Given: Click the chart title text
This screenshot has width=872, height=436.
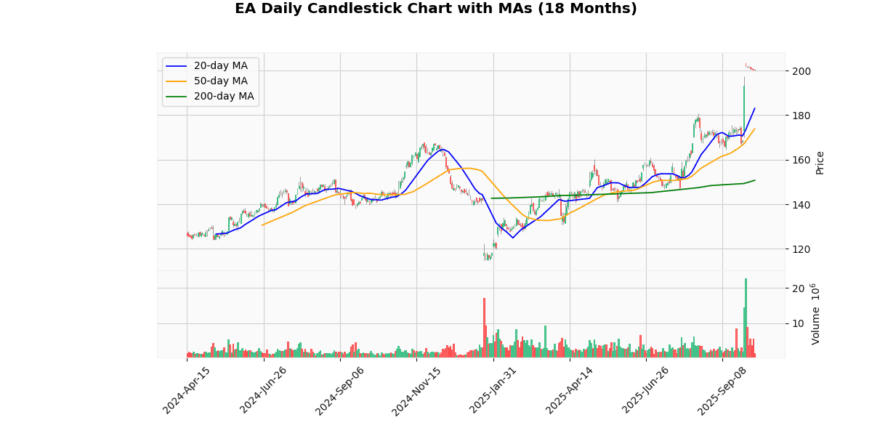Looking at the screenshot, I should pyautogui.click(x=435, y=9).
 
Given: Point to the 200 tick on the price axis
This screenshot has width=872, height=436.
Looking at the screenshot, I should pyautogui.click(x=800, y=71).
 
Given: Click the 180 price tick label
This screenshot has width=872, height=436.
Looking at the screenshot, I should pyautogui.click(x=800, y=116).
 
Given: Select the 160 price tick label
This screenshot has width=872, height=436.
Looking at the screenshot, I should pyautogui.click(x=800, y=161).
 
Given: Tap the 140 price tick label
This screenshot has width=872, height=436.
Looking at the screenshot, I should pyautogui.click(x=800, y=205).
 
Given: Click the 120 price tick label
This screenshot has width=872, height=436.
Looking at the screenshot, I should pyautogui.click(x=800, y=249).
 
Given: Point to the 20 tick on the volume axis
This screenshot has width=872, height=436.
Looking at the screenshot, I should pyautogui.click(x=797, y=288).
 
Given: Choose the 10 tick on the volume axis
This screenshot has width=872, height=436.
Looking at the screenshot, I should pyautogui.click(x=797, y=324).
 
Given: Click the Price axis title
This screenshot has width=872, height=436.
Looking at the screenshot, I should pyautogui.click(x=820, y=162).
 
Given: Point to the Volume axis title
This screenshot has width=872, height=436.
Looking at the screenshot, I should pyautogui.click(x=815, y=314).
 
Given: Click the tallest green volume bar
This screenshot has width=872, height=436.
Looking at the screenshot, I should pyautogui.click(x=746, y=318).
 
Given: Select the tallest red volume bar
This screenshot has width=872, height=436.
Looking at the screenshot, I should pyautogui.click(x=484, y=327).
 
